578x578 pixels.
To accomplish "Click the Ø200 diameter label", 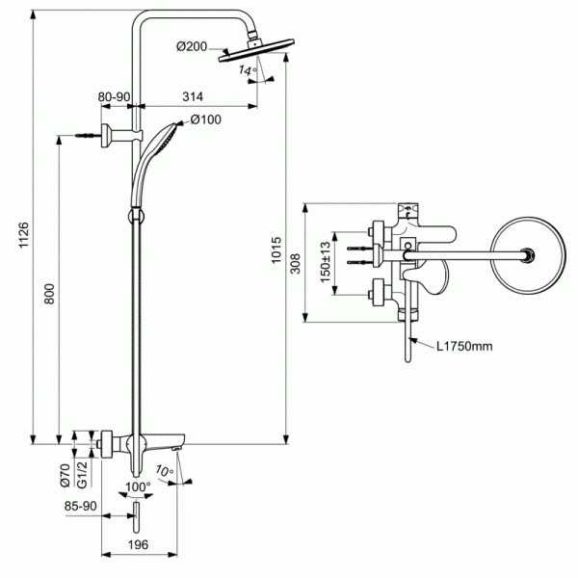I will click(x=195, y=46).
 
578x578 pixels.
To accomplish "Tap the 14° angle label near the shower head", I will click(x=247, y=71).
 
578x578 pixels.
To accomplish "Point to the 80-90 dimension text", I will click(x=115, y=95).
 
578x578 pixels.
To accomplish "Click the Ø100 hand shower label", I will click(x=206, y=119).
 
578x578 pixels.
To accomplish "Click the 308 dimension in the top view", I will click(x=297, y=261).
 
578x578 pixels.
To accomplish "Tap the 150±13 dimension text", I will click(x=326, y=260).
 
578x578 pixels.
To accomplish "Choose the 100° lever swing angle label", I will click(x=139, y=487).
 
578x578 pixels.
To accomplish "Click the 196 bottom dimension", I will click(x=138, y=546).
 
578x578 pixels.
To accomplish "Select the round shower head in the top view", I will click(x=526, y=255).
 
